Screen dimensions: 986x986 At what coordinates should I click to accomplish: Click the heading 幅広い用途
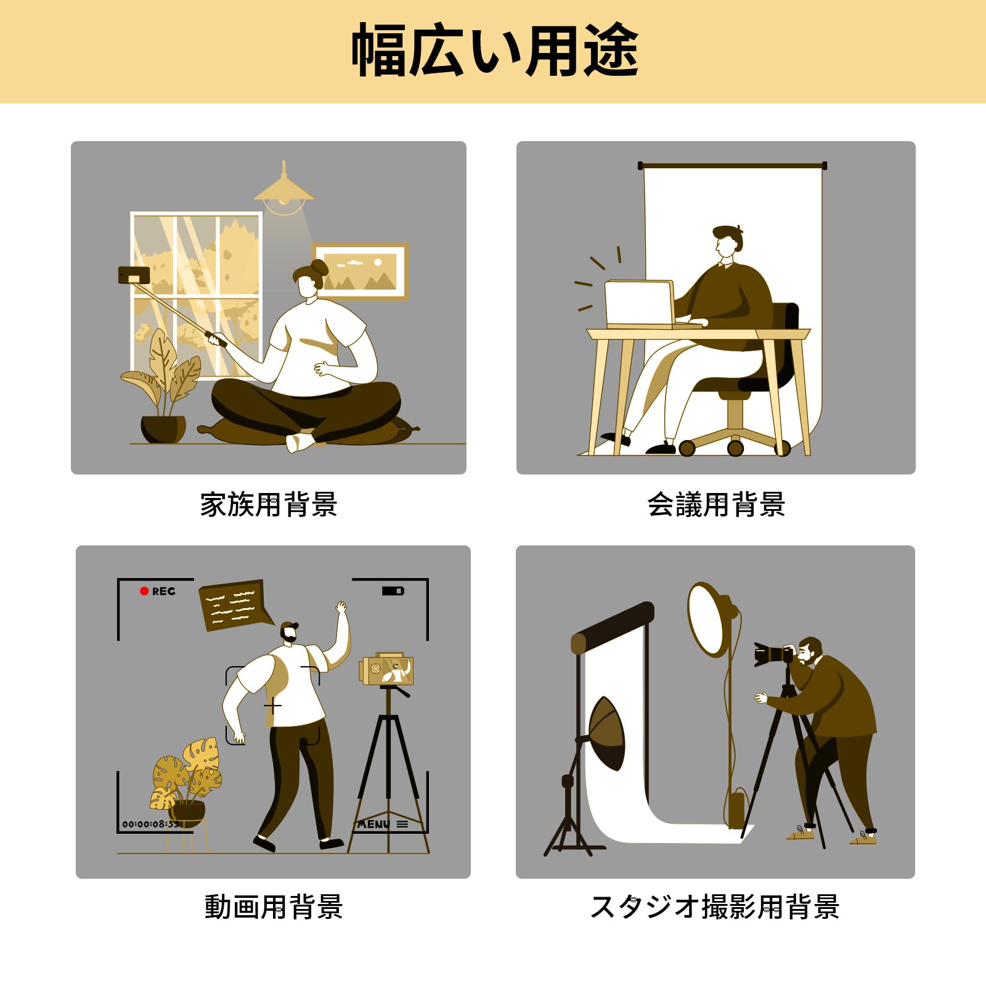495,51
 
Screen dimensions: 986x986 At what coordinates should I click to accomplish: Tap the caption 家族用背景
269,505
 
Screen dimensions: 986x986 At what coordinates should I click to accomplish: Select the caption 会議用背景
716,505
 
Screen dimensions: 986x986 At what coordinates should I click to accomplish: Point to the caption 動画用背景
274,907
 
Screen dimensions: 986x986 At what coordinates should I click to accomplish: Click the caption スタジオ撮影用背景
715,907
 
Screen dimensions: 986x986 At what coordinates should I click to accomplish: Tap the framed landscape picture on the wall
361,272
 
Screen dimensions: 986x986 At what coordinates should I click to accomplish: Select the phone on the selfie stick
134,275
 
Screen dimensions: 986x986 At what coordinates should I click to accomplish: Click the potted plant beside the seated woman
163,386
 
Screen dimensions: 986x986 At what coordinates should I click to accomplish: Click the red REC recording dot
144,591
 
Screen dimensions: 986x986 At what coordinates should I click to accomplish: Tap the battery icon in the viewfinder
393,591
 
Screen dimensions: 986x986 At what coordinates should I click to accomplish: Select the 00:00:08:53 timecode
150,824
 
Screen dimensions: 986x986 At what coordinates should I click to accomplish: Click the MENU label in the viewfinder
373,824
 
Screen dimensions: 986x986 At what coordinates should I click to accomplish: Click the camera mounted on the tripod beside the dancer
386,670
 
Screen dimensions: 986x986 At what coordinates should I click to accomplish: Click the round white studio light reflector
710,619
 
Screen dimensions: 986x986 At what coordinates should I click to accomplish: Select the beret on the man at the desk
727,232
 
